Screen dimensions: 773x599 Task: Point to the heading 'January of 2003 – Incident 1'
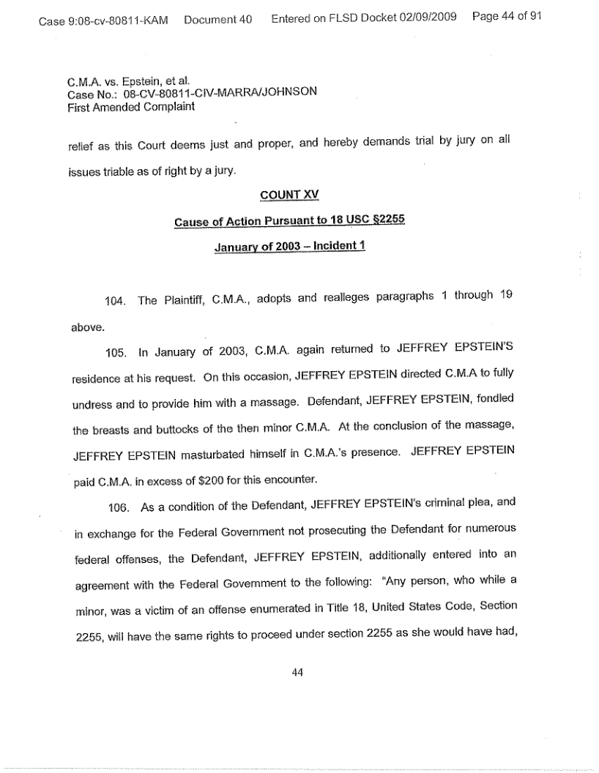(289, 247)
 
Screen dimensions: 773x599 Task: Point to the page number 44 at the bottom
(297, 673)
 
